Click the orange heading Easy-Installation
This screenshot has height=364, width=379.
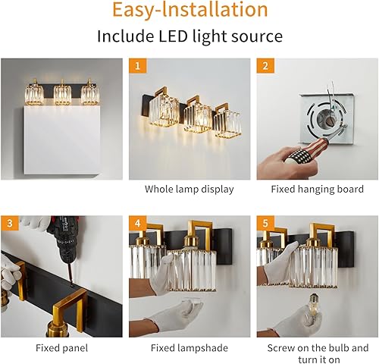tap(189, 11)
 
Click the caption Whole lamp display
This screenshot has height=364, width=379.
tap(189, 190)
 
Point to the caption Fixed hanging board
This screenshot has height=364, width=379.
tap(317, 190)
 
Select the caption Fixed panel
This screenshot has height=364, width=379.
tap(62, 348)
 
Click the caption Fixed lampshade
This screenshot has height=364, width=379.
tap(189, 348)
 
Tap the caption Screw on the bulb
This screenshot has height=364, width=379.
tap(317, 348)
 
